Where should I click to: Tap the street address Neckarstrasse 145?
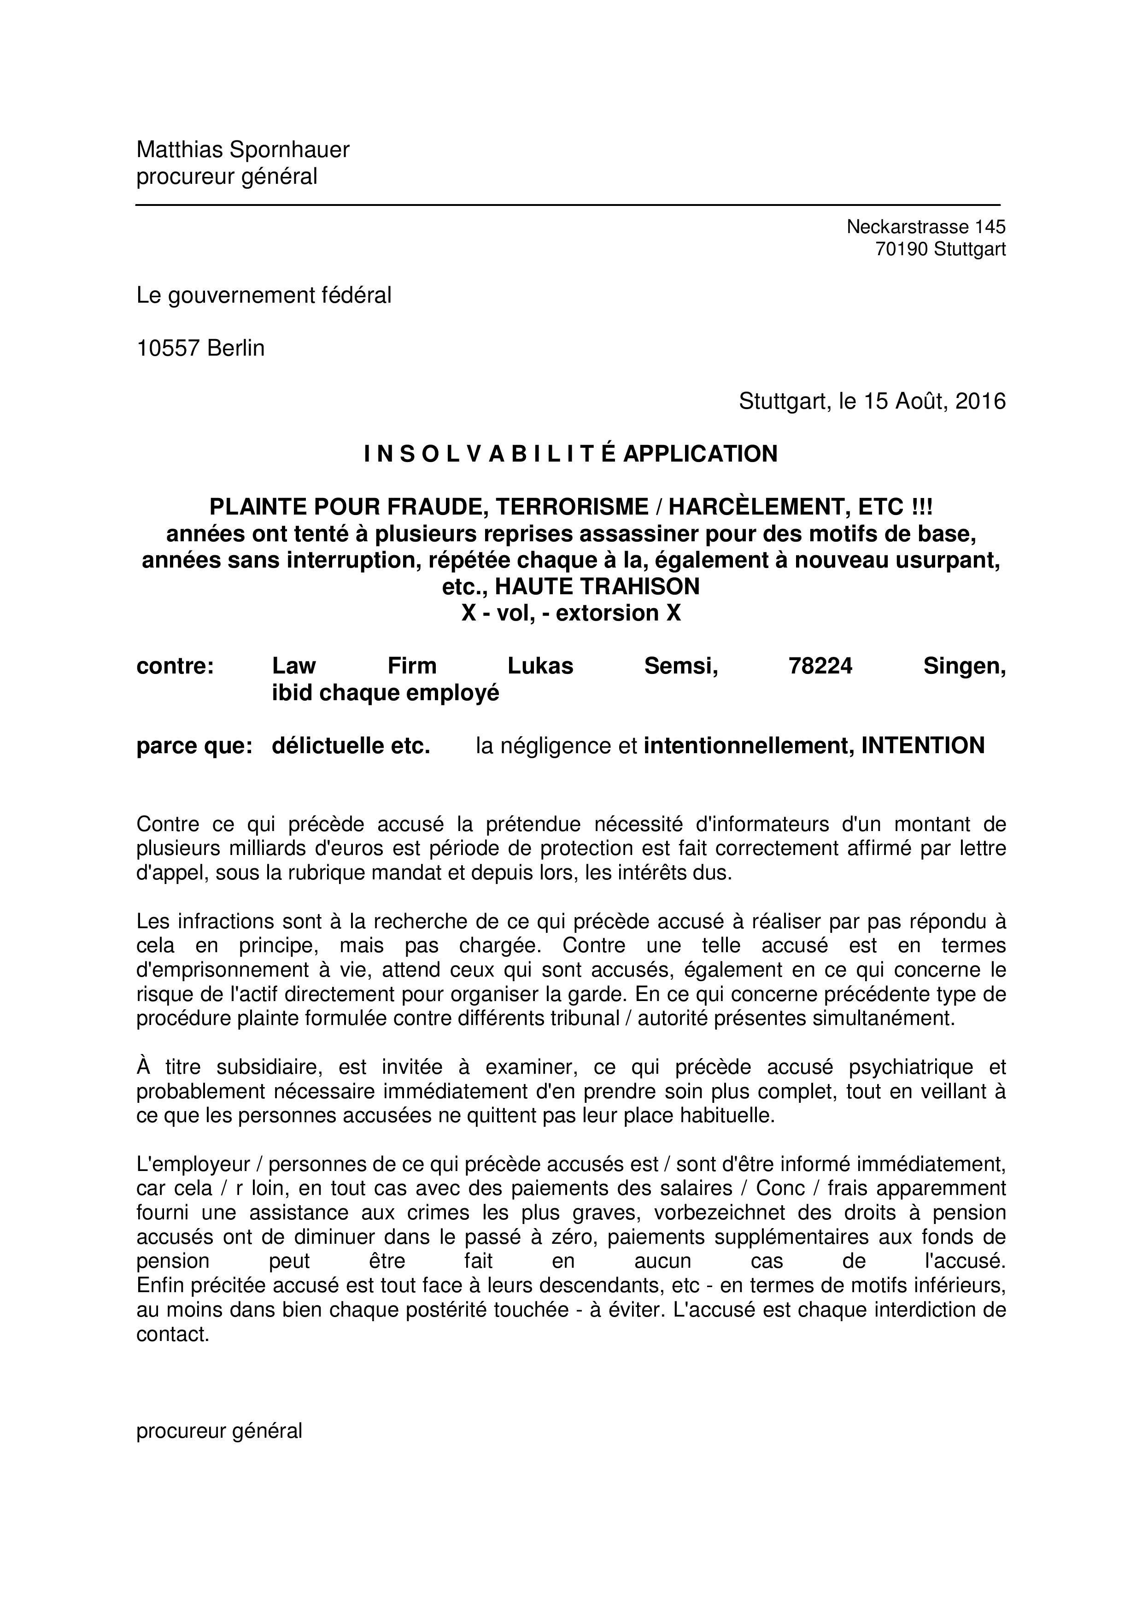(926, 227)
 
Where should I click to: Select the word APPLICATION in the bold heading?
(700, 454)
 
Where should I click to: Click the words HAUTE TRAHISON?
(597, 586)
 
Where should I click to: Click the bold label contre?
(175, 665)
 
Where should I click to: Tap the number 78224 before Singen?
(820, 665)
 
